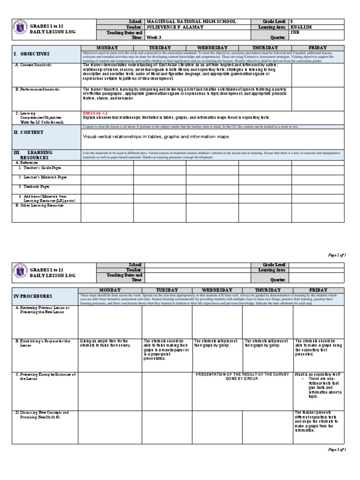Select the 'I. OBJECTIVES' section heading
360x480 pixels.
(31, 54)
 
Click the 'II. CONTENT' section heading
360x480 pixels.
(29, 133)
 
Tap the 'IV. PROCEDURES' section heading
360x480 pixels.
(33, 296)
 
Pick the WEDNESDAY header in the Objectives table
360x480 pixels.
(212, 48)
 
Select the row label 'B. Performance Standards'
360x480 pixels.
(37, 89)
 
